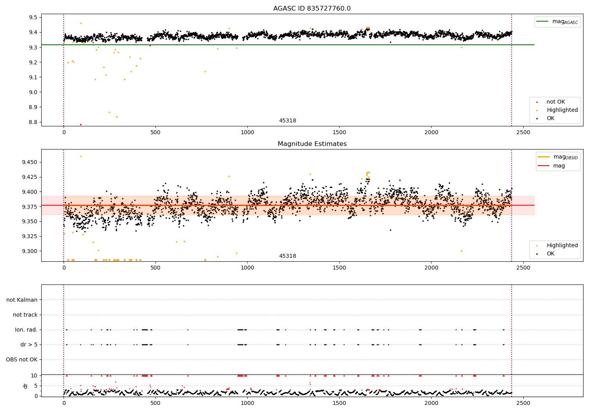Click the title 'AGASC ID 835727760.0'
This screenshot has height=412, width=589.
click(x=312, y=9)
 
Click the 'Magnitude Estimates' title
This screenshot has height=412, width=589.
click(x=312, y=144)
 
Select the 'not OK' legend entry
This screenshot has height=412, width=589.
click(x=556, y=102)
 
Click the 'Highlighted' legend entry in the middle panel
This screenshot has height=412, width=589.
click(x=562, y=245)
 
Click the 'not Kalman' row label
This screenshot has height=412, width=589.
click(x=22, y=300)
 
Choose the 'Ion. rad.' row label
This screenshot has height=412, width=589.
click(x=26, y=330)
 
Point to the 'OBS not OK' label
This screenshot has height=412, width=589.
click(x=22, y=359)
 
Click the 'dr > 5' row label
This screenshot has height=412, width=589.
click(x=29, y=345)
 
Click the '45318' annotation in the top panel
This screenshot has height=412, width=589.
click(x=287, y=120)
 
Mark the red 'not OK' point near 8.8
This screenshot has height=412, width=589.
click(x=80, y=124)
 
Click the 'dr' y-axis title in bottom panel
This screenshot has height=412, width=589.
click(x=26, y=386)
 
